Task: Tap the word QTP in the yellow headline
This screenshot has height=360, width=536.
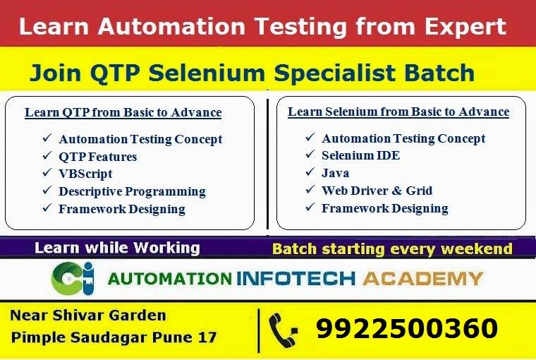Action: point(115,73)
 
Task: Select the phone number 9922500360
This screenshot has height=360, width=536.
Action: point(407,328)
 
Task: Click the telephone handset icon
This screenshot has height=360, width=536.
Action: point(283,330)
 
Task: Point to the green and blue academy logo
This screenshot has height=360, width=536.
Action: point(73,278)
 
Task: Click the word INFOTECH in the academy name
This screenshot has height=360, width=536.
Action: point(296,279)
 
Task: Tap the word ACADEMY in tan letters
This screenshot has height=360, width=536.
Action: point(423,279)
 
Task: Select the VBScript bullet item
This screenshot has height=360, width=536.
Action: point(85,174)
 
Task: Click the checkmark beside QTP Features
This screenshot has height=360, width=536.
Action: point(47,156)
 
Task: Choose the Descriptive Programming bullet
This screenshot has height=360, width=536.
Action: point(132,191)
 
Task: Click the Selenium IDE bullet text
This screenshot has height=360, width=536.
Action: point(360,155)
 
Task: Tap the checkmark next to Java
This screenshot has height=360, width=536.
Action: point(310,172)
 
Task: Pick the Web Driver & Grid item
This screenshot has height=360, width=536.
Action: point(377,191)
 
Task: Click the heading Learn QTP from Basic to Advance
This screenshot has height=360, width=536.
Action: point(123,112)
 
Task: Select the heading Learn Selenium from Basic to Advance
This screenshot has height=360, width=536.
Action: point(398,112)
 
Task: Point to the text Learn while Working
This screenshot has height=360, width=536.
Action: point(117,248)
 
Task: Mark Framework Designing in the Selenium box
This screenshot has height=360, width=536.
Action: point(385,208)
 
